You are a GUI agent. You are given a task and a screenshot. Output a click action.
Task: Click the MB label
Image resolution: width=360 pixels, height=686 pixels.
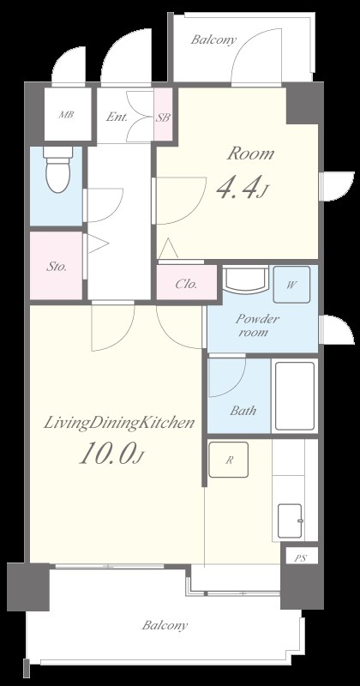pyautogui.click(x=67, y=115)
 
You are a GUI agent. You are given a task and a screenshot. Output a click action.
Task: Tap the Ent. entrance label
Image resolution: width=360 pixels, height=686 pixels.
pyautogui.click(x=117, y=117)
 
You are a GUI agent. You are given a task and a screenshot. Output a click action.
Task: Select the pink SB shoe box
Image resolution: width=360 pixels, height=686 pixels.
pyautogui.click(x=163, y=115)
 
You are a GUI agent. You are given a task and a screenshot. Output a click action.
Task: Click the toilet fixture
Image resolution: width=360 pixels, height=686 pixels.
pyautogui.click(x=58, y=169)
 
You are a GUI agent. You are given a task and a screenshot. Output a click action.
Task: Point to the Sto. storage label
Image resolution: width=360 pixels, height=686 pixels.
pyautogui.click(x=57, y=267)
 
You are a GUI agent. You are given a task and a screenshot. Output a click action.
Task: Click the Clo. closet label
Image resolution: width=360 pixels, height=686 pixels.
pyautogui.click(x=186, y=284)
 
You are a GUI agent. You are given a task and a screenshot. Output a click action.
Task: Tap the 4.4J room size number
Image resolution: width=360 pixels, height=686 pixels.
pyautogui.click(x=242, y=187)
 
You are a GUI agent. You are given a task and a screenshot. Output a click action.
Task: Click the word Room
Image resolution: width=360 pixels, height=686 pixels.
pyautogui.click(x=250, y=154)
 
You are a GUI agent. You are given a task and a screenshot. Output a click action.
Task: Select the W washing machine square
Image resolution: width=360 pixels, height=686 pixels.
pyautogui.click(x=291, y=285)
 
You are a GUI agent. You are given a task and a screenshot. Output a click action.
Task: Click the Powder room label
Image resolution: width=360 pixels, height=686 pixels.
pyautogui.click(x=257, y=325)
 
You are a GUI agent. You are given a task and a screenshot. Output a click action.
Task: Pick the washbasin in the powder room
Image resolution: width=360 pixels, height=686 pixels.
pyautogui.click(x=245, y=280)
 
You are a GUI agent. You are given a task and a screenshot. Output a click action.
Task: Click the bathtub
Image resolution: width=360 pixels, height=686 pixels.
pyautogui.click(x=295, y=396)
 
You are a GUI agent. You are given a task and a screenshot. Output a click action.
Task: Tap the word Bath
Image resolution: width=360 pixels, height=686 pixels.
pyautogui.click(x=243, y=411)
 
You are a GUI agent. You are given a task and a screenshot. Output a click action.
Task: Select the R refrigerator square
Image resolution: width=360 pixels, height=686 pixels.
pyautogui.click(x=228, y=460)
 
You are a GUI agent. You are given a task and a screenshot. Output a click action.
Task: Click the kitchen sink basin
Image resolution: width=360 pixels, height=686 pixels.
pyautogui.click(x=291, y=521)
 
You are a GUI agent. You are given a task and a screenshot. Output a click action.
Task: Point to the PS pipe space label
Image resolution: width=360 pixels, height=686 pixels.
pyautogui.click(x=300, y=558)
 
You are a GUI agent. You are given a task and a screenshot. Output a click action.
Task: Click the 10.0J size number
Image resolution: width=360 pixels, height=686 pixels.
pyautogui.click(x=111, y=453)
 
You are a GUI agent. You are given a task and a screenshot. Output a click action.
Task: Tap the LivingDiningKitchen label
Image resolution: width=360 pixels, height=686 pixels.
pyautogui.click(x=118, y=424)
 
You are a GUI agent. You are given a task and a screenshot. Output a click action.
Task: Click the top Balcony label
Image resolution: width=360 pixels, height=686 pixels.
pyautogui.click(x=213, y=39)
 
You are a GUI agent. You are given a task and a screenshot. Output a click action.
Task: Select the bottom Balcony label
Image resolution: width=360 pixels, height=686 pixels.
pyautogui.click(x=165, y=625)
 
